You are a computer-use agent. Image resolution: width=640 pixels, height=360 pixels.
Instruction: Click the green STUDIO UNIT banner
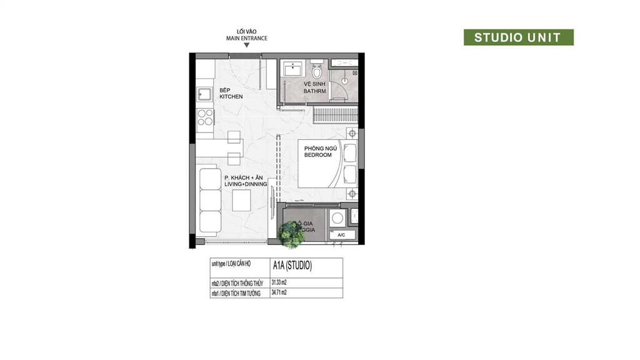point(518,37)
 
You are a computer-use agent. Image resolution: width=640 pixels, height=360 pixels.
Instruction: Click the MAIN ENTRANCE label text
point(247,38)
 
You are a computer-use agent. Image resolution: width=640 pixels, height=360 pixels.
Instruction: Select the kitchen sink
point(204,95)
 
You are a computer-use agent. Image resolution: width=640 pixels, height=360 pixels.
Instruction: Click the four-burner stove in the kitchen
point(205,117)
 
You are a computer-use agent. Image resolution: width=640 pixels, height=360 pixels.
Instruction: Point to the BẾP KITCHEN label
point(231,93)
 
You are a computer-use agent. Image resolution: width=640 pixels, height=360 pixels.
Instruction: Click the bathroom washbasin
point(291,68)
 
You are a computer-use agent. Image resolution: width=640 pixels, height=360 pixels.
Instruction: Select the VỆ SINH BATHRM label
point(315,87)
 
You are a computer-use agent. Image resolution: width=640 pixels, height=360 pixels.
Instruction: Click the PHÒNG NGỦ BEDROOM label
point(317,151)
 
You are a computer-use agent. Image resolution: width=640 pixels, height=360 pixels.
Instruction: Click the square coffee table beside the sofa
point(241,200)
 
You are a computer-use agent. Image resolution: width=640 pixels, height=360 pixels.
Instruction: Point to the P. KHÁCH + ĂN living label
point(246,181)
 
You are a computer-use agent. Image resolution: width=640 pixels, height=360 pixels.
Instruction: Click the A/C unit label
point(341,235)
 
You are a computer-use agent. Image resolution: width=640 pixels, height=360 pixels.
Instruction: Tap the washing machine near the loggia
point(337,217)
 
